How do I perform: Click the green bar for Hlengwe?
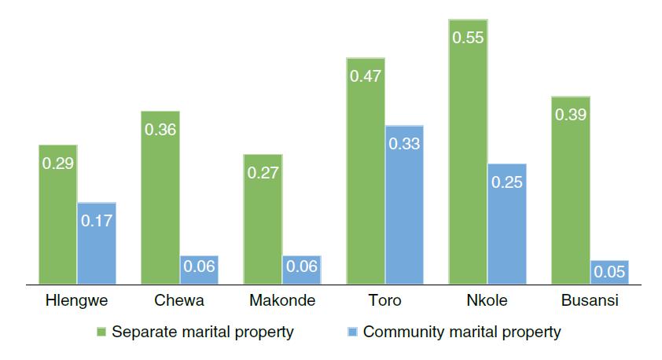pos(57,214)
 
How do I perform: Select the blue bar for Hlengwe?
pos(97,242)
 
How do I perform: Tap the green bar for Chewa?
pos(160,197)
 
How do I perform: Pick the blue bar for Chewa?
pos(199,269)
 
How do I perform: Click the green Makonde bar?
pos(263,219)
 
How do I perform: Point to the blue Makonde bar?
pos(302,269)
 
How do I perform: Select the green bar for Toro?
pos(366,170)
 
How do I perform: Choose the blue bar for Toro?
pos(404,204)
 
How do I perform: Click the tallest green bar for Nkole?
pos(468,151)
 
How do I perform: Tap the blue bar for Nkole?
pos(507,223)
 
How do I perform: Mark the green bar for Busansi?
pos(571,189)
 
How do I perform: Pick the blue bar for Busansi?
pos(609,271)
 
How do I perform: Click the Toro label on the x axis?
pos(384,301)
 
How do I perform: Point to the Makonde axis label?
pos(282,301)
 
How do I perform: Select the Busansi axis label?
pos(590,301)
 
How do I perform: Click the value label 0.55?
pos(468,36)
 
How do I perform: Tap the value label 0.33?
pos(404,143)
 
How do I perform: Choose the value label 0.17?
pos(97,221)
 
